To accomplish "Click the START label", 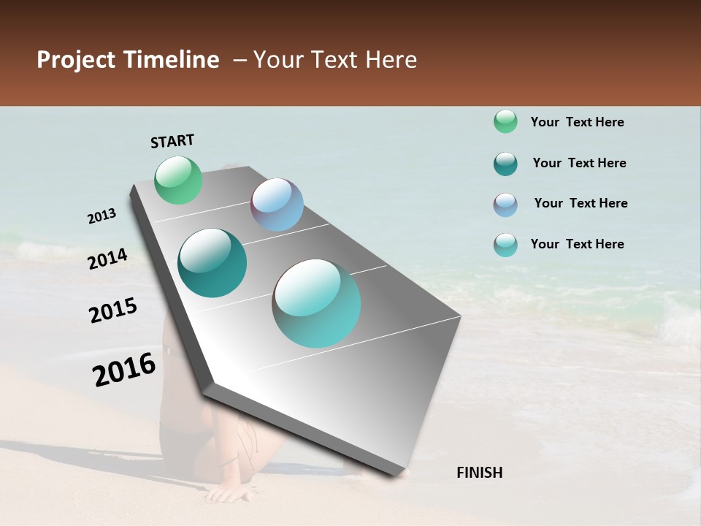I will point(172,141).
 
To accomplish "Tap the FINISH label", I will point(479,473).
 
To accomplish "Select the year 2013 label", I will point(102,216).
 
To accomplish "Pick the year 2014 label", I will point(108,259).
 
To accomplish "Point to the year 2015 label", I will point(113,310).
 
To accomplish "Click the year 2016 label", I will point(124,370).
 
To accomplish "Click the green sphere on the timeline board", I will point(179,180).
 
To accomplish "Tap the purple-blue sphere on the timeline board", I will point(277,205).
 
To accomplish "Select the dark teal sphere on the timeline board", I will point(212,263).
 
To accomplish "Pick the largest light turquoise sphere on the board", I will point(317,303).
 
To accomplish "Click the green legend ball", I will point(505,121).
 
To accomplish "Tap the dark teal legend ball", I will point(505,164).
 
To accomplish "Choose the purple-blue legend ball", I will point(505,205).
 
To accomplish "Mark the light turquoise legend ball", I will point(505,245).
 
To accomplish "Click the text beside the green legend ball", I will point(577,122).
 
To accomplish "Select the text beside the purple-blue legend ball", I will point(581,203).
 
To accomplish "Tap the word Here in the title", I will point(391,60).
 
